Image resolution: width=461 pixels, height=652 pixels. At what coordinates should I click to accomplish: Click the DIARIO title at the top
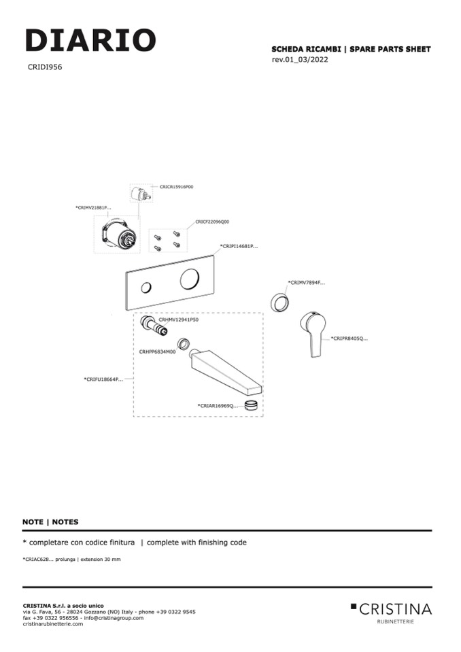tap(90, 41)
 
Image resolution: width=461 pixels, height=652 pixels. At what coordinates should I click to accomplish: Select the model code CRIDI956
tap(45, 67)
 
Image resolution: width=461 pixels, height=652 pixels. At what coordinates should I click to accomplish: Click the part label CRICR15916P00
tap(176, 186)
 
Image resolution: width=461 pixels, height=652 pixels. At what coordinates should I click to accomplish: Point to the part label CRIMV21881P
tap(93, 207)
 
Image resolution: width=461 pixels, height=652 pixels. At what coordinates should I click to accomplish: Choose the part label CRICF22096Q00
tap(212, 222)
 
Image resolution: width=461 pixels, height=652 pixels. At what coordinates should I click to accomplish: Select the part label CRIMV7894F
tap(306, 282)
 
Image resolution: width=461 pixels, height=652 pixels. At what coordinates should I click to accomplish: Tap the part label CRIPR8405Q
tap(349, 338)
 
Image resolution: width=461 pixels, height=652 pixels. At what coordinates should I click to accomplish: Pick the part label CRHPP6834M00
tap(157, 352)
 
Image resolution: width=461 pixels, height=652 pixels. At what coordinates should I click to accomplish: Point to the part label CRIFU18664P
tap(103, 379)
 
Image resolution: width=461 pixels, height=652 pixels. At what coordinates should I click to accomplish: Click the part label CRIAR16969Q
tap(218, 405)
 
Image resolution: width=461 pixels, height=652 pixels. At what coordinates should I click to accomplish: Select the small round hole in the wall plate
tap(146, 289)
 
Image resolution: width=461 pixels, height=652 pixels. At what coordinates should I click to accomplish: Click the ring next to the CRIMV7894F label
tap(279, 301)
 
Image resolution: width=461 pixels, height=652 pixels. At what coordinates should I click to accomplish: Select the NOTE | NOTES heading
tap(50, 522)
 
